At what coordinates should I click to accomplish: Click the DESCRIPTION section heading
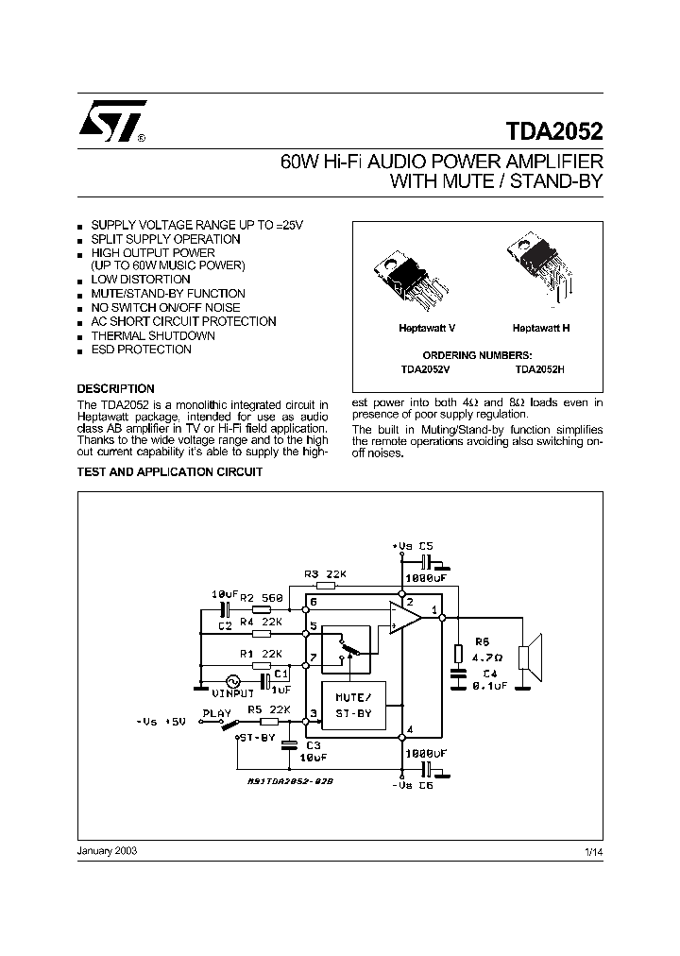point(115,389)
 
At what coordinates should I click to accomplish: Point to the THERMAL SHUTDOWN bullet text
point(141,335)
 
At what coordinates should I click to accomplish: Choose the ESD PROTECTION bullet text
point(141,350)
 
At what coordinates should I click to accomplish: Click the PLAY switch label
point(217,714)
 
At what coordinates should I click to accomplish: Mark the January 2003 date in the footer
point(107,851)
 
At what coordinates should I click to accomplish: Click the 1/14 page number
point(593,852)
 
